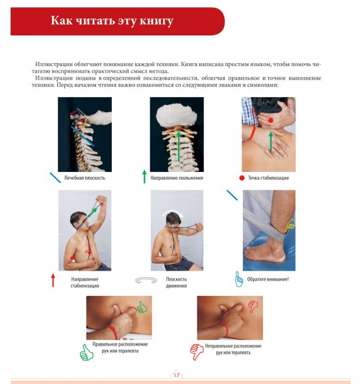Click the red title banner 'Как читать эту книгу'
[x=118, y=21]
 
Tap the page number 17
[x=177, y=375]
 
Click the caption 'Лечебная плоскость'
[x=85, y=178]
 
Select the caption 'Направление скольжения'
[x=177, y=178]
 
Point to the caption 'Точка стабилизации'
[x=268, y=178]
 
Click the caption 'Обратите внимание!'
[x=268, y=279]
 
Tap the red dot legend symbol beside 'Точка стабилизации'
[x=242, y=178]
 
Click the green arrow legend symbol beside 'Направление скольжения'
[x=144, y=177]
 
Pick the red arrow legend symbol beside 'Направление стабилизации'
[x=53, y=280]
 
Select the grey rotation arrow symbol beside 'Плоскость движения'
[x=146, y=280]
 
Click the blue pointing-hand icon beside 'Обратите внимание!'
[x=239, y=279]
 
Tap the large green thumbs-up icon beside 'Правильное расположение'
[x=86, y=353]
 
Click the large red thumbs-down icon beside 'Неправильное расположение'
[x=197, y=352]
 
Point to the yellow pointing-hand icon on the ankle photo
[x=290, y=225]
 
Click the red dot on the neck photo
[x=271, y=120]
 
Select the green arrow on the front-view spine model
[x=179, y=147]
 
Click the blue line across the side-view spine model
[x=82, y=136]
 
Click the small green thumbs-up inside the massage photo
[x=142, y=307]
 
